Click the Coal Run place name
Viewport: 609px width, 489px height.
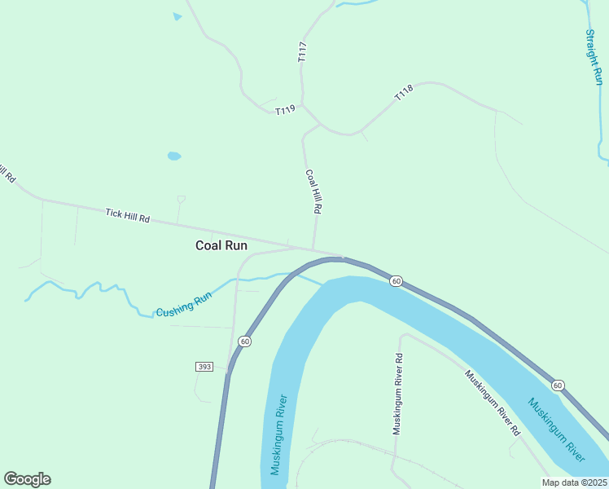tap(221, 244)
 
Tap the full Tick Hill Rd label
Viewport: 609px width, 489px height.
tap(128, 216)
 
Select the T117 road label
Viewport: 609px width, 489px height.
tap(303, 52)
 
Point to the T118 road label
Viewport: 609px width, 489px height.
tap(404, 92)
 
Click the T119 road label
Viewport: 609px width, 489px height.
tap(284, 110)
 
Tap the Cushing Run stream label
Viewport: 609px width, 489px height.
tap(184, 305)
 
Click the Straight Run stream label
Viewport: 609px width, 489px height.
tap(594, 57)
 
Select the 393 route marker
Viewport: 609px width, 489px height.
tap(204, 367)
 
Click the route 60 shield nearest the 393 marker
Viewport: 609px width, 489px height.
tap(245, 341)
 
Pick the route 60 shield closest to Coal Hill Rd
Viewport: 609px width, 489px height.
tap(396, 281)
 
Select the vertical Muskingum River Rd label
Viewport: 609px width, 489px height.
tap(398, 394)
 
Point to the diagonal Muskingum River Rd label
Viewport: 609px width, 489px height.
tap(492, 403)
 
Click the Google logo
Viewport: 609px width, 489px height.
tap(27, 479)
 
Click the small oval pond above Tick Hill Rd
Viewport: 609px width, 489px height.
tap(173, 156)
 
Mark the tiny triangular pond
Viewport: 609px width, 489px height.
tap(177, 15)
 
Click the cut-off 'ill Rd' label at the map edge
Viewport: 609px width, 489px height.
tap(8, 174)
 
